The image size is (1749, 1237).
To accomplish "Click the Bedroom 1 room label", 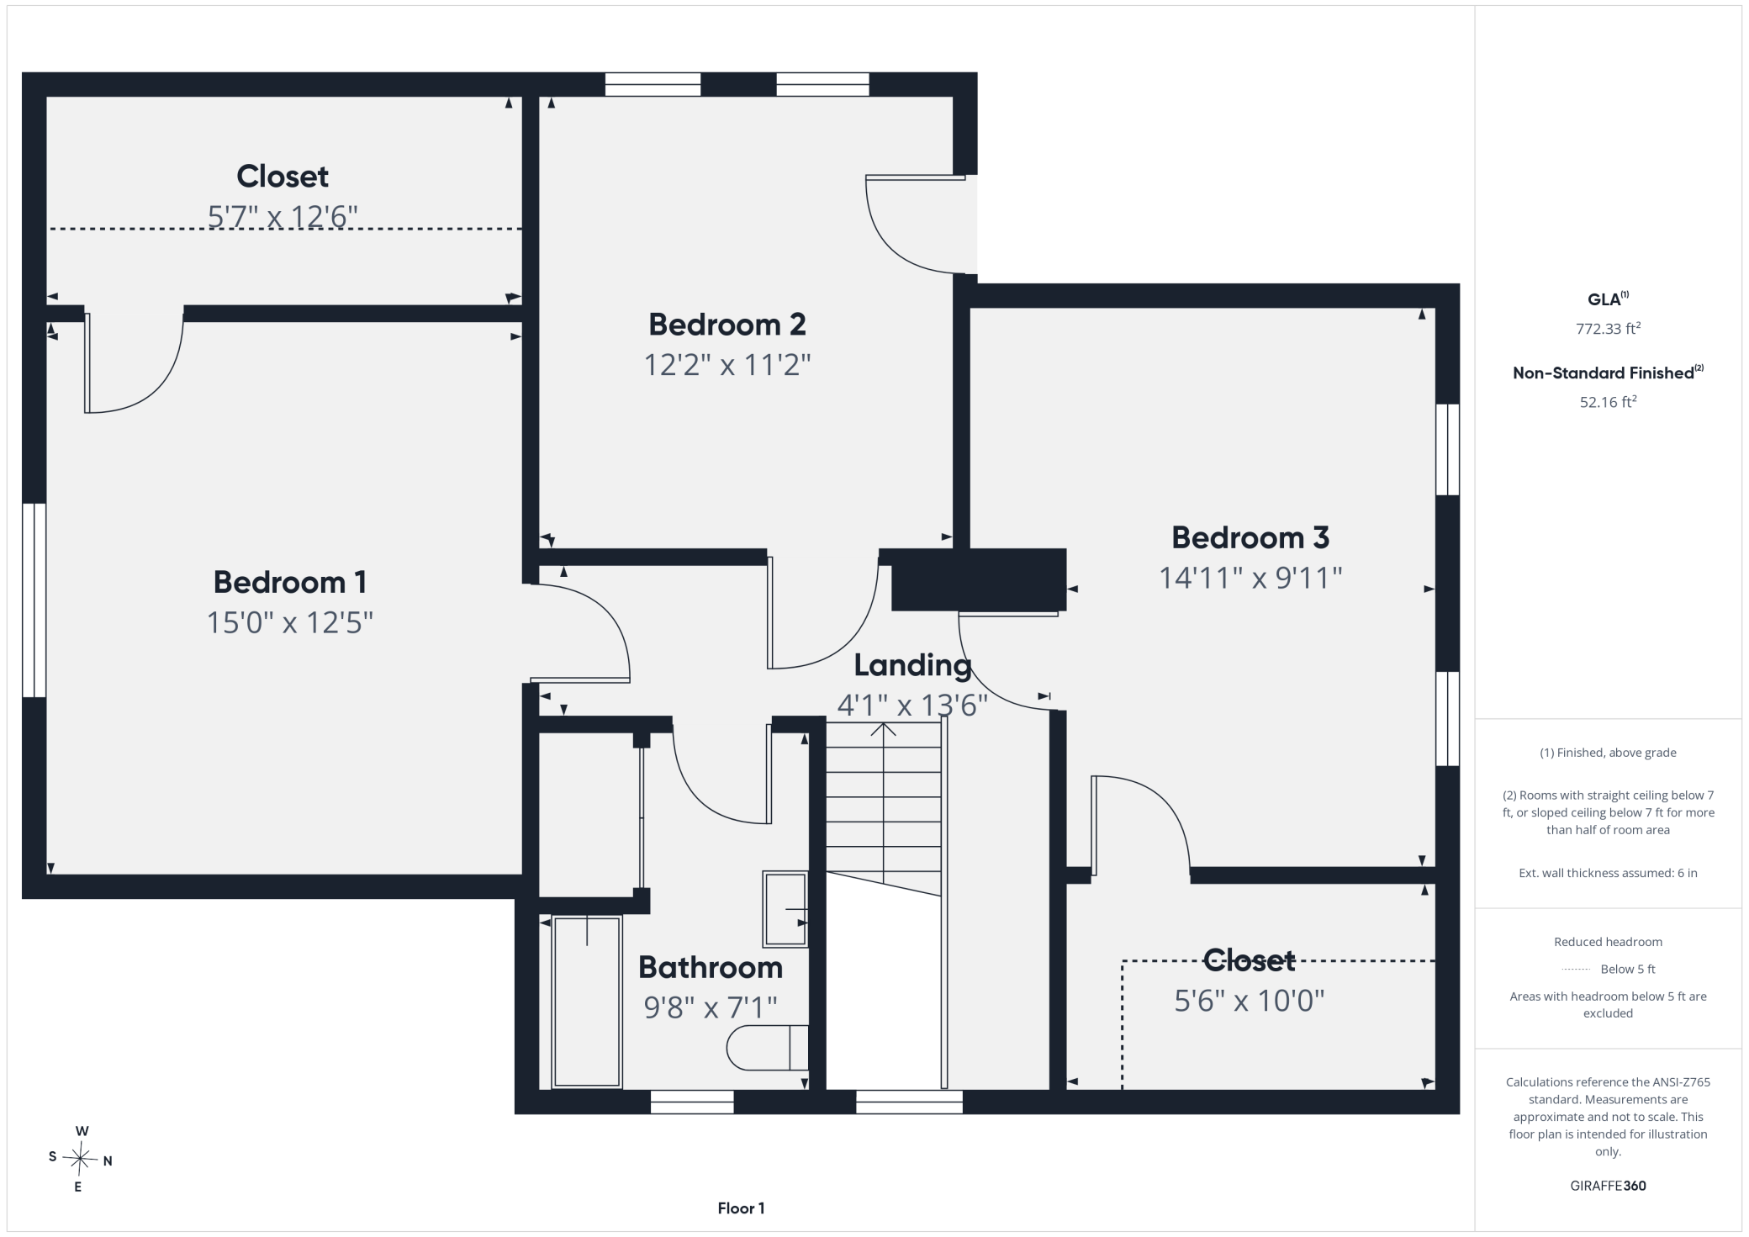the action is click(290, 582).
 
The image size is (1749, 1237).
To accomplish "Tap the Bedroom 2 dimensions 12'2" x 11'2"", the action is click(727, 365).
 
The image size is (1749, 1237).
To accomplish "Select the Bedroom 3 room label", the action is click(1250, 537).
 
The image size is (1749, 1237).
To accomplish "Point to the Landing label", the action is click(912, 665).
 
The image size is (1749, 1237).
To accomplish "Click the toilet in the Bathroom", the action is click(767, 1048).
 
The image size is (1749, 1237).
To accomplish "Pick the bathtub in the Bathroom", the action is click(587, 1002).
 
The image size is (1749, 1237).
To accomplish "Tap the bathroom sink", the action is click(785, 909).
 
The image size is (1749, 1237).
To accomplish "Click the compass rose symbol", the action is click(81, 1160).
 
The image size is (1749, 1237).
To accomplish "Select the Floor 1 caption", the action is click(741, 1208).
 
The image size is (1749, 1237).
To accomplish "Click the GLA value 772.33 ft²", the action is click(1608, 328).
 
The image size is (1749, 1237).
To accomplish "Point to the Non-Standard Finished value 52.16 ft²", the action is click(1608, 401).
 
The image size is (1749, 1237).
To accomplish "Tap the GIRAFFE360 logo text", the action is click(1608, 1186).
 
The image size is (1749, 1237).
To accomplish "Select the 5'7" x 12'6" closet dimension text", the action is click(283, 216).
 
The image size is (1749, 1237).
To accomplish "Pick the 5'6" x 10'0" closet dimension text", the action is click(1250, 1001).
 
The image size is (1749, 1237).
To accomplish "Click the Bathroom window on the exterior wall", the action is click(692, 1102).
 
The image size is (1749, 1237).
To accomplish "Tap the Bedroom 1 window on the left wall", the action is click(34, 600).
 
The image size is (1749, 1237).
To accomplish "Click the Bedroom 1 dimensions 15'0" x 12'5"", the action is click(290, 622).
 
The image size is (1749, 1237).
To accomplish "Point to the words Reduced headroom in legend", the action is click(1608, 942).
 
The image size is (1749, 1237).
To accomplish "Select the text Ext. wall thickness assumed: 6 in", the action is click(1608, 873).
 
